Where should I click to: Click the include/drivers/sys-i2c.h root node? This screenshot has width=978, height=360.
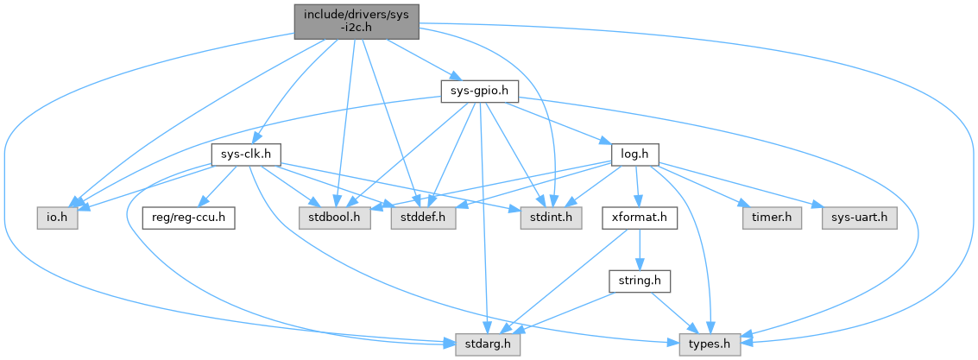[x=356, y=22]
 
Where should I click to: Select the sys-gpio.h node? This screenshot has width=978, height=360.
[x=479, y=91]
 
